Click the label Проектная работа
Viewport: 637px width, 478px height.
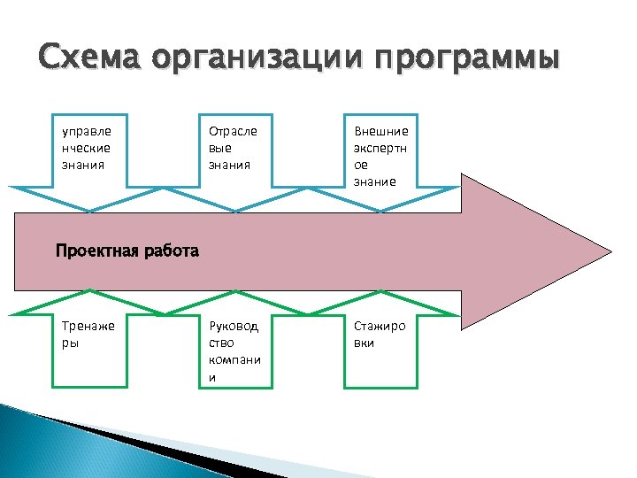point(127,251)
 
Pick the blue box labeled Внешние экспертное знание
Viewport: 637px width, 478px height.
point(380,151)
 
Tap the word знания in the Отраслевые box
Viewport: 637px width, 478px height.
point(230,164)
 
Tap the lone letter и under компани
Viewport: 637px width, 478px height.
point(212,377)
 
